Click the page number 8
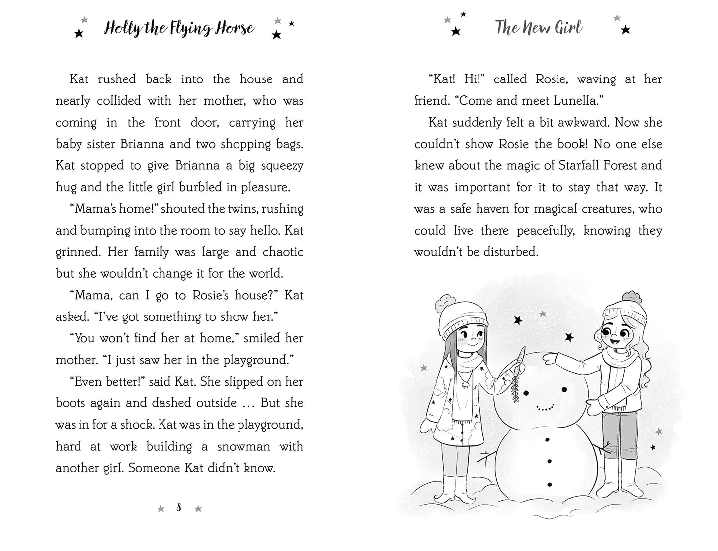pyautogui.click(x=179, y=507)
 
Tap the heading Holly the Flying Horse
pyautogui.click(x=179, y=28)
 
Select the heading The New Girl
pyautogui.click(x=538, y=28)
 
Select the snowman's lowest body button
pyautogui.click(x=549, y=484)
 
